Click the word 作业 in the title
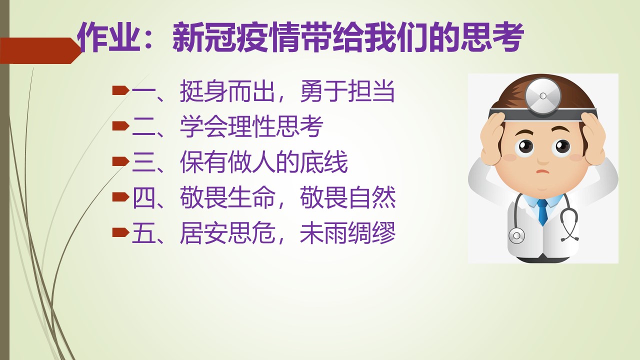[109, 37]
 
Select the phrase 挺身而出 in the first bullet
[227, 91]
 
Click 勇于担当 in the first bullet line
[347, 91]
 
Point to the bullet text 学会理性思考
[251, 126]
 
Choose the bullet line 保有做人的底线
[263, 162]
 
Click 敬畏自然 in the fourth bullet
[347, 197]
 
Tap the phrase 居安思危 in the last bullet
[227, 233]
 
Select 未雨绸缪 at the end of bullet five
[347, 233]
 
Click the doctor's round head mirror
[543, 96]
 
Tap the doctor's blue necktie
[542, 212]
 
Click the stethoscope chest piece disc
[517, 235]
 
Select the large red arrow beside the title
[40, 50]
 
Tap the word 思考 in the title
[492, 37]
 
